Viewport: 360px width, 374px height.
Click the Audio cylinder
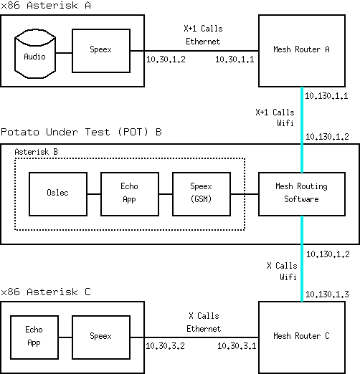[35, 54]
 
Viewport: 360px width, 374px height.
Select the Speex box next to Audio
[101, 51]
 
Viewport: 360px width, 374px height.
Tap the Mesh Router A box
[302, 51]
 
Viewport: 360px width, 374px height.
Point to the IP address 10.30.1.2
[166, 59]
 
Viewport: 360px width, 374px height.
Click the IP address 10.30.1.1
[235, 59]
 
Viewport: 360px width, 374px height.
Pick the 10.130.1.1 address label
[326, 96]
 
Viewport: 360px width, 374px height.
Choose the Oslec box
[58, 194]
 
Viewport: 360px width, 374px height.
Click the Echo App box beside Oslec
[130, 194]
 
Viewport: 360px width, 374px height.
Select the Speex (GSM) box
[202, 194]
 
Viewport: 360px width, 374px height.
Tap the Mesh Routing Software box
[302, 194]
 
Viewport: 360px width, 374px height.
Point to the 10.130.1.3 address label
[327, 294]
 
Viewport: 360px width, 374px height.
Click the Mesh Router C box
[302, 337]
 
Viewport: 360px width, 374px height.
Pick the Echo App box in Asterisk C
[34, 337]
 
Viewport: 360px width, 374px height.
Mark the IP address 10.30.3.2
[166, 346]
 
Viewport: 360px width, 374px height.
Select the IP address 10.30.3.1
[237, 346]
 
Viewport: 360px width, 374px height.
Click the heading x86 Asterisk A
[46, 5]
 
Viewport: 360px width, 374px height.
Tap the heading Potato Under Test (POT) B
[81, 132]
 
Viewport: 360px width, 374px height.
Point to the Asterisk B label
[36, 152]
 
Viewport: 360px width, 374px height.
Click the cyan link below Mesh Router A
[302, 130]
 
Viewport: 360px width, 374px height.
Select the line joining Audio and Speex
[64, 53]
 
